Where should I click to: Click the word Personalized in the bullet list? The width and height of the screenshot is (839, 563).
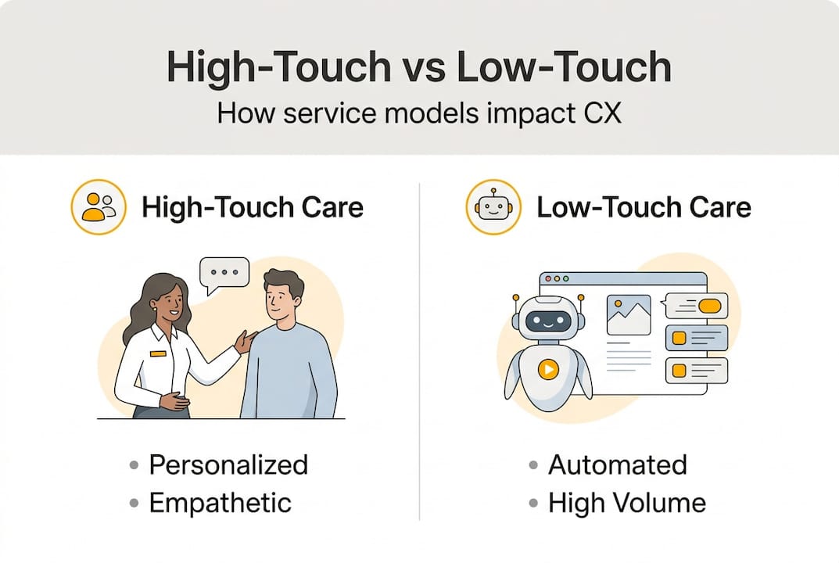click(x=228, y=464)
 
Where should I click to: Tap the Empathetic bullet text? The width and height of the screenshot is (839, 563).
click(x=220, y=502)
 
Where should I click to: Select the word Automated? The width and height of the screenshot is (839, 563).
click(x=617, y=464)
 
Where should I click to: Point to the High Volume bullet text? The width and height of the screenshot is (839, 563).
click(x=626, y=502)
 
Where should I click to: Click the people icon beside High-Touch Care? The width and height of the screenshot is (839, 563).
click(x=99, y=207)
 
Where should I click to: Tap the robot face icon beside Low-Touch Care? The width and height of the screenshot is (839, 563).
click(x=493, y=207)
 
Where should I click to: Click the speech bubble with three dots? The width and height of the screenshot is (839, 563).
click(x=224, y=273)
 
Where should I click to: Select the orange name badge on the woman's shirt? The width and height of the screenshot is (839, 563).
click(x=159, y=353)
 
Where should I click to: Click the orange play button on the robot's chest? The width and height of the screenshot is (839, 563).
click(x=548, y=368)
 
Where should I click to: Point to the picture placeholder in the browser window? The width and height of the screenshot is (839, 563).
click(x=629, y=315)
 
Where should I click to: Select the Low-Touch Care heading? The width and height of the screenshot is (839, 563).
click(x=644, y=207)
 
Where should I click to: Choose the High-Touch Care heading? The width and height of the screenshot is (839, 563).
click(x=252, y=207)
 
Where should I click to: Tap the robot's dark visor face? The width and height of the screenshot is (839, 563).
click(x=547, y=320)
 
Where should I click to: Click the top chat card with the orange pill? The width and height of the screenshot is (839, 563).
click(x=696, y=306)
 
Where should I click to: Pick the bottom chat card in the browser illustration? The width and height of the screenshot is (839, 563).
click(x=696, y=370)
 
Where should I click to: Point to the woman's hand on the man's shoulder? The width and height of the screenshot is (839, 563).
click(x=246, y=341)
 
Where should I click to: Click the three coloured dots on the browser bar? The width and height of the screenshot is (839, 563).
click(x=556, y=278)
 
